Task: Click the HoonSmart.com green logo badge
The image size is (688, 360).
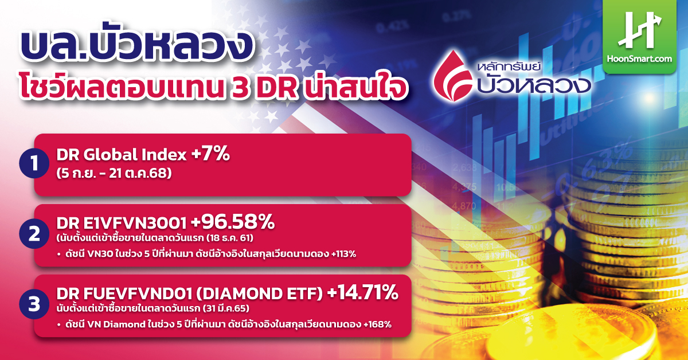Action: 639,37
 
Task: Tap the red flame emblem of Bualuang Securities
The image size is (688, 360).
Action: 453,76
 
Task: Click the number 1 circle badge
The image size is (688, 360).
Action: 34,163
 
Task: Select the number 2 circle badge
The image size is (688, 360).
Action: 34,234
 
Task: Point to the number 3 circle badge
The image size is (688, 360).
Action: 34,304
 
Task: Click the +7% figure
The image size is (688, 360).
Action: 211,153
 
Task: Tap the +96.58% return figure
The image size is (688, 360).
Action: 233,222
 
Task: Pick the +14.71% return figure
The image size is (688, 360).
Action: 363,292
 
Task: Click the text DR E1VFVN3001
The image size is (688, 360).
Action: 122,224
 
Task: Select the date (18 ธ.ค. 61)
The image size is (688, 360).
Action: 230,238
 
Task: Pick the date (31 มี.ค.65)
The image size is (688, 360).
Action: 226,308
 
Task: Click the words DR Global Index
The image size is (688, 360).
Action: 122,155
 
